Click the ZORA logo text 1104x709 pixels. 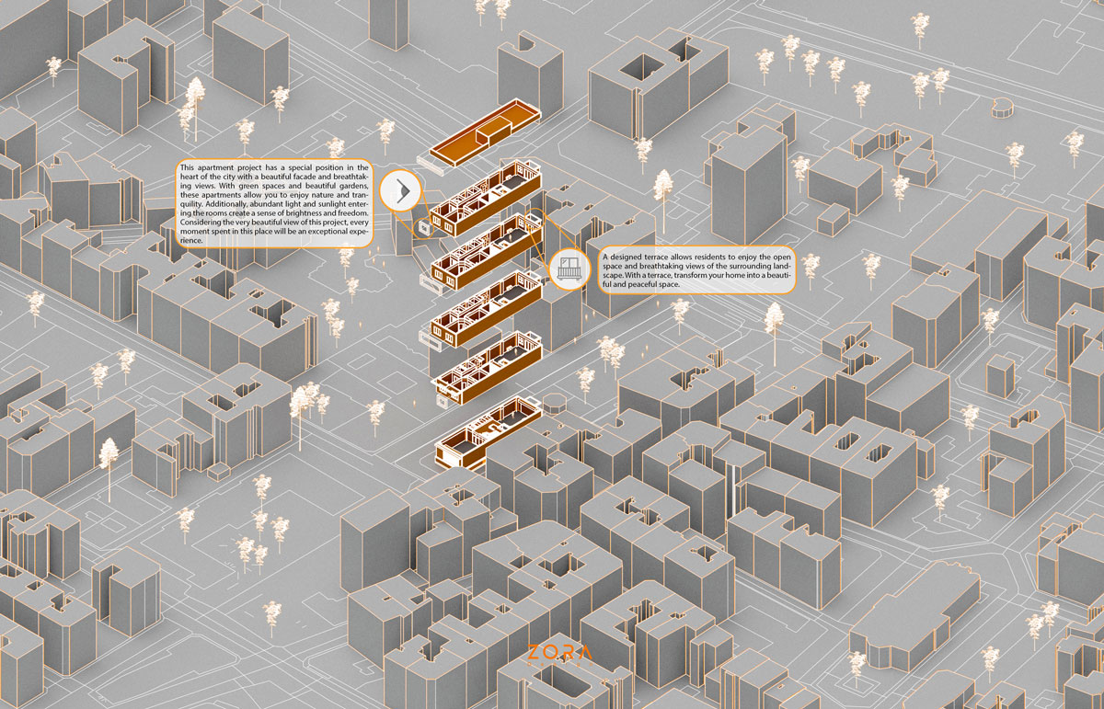[x=559, y=653]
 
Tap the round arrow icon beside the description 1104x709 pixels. [x=401, y=191]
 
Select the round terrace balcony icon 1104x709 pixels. [x=569, y=269]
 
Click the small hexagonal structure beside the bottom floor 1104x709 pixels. [x=557, y=403]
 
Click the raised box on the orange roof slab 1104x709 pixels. [x=498, y=124]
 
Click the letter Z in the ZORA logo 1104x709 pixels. [x=534, y=653]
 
